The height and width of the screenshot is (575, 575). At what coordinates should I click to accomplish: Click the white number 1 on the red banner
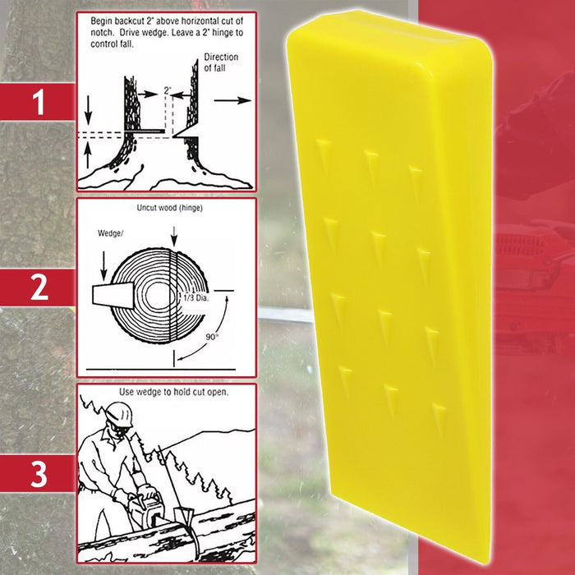pos(38,103)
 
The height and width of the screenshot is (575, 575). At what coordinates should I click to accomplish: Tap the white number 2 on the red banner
pos(38,288)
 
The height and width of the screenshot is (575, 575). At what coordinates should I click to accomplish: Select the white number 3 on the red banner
pos(38,476)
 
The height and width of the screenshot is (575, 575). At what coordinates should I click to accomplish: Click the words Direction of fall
pos(220,62)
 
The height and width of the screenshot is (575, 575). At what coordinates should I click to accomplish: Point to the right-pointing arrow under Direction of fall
pos(235,100)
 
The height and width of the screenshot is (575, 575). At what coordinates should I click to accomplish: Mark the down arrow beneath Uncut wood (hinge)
pos(172,237)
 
